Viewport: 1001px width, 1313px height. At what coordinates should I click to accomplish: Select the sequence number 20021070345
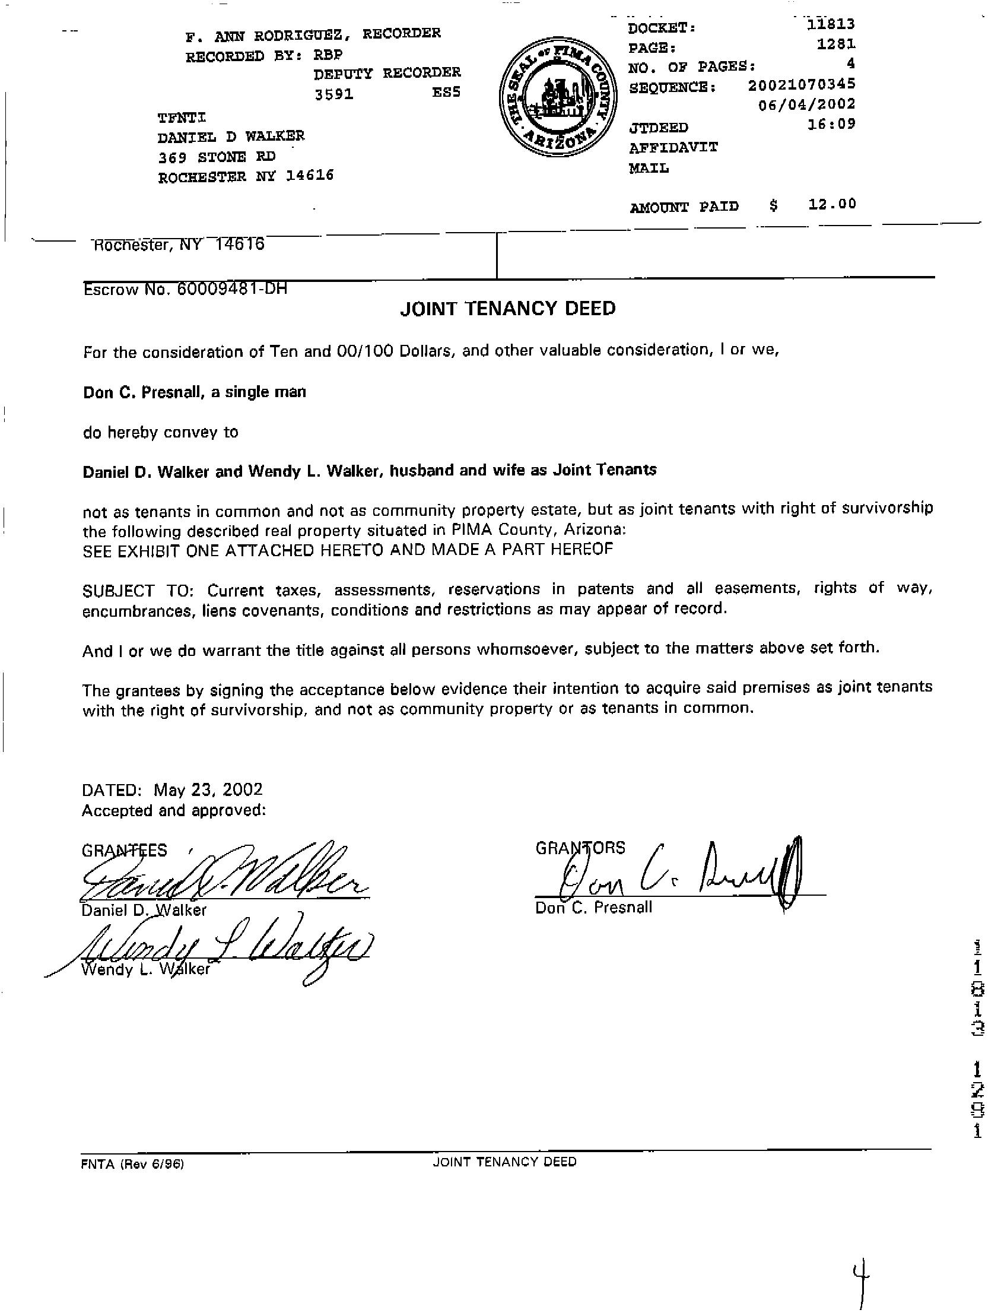coord(802,85)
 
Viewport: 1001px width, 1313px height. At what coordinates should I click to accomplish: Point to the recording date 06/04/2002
coord(807,104)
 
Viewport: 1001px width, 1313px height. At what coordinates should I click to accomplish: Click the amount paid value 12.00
coord(832,204)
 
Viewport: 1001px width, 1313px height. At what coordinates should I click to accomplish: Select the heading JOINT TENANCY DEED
coord(508,308)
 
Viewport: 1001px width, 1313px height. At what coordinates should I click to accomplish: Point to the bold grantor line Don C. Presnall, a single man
coord(194,392)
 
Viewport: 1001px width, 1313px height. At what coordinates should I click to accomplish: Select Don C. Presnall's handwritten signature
coord(679,871)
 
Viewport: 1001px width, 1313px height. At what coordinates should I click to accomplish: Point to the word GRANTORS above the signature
coord(580,848)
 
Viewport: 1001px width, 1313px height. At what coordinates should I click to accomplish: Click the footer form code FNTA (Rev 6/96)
coord(132,1163)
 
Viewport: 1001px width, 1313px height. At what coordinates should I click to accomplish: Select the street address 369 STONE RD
coord(217,157)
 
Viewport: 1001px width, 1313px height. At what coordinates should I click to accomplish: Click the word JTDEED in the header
coord(659,128)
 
